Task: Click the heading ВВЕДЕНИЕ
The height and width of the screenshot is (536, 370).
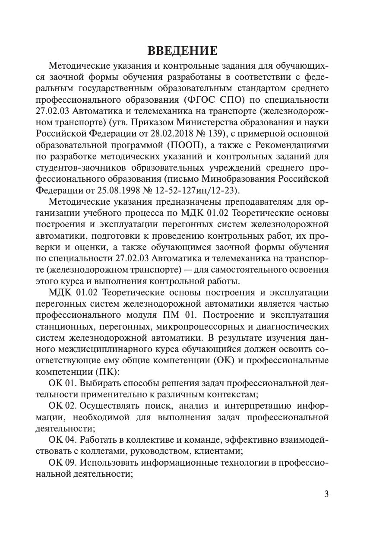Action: coord(183,51)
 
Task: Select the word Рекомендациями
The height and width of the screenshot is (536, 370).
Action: coord(290,145)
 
